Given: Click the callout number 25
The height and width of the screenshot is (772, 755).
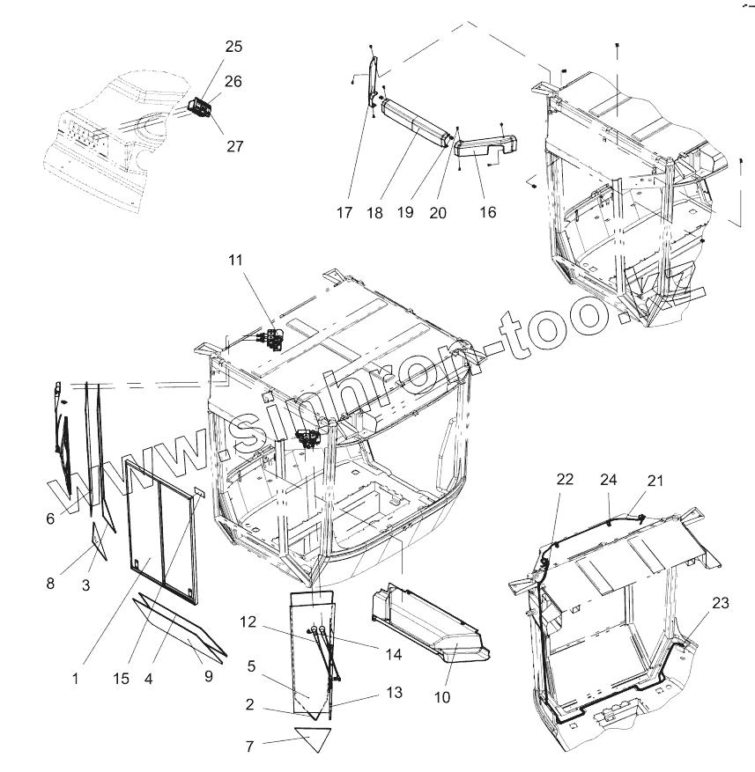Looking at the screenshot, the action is point(233,46).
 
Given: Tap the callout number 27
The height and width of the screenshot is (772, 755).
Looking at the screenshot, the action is point(233,146).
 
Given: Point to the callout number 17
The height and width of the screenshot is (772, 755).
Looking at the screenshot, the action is point(344,212).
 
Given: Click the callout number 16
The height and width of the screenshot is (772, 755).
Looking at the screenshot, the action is point(487,212).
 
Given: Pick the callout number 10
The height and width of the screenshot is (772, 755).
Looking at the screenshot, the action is point(441,697).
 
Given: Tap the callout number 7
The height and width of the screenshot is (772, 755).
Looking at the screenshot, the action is point(249,746).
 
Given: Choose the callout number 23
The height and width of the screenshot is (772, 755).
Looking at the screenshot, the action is point(720,603).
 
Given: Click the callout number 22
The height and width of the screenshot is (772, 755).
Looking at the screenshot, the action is point(565,479).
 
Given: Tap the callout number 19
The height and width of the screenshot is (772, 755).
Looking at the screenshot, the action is point(404,212).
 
